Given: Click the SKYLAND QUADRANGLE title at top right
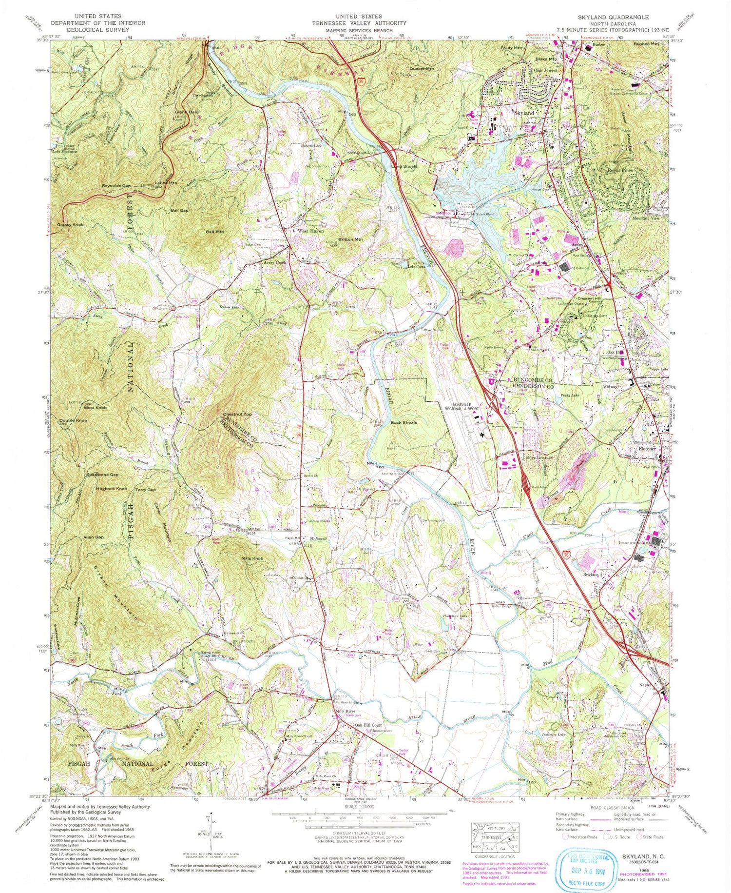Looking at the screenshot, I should point(613,17).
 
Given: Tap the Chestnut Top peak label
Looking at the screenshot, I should point(237,414).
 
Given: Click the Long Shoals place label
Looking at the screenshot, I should point(404,166).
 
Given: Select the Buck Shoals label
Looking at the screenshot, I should point(404,422).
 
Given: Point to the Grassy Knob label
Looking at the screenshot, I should point(71,225).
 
